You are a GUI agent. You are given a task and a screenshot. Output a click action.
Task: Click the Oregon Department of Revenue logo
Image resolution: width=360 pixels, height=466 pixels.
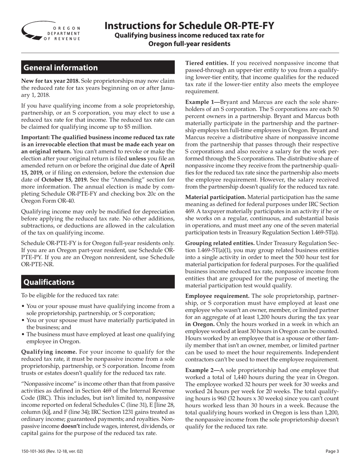pos(51,31)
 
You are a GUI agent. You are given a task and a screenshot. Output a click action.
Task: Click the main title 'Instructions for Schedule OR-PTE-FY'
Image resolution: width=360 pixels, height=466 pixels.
pos(189,26)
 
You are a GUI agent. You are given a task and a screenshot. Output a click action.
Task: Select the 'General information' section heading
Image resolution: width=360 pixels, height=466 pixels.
pos(61,68)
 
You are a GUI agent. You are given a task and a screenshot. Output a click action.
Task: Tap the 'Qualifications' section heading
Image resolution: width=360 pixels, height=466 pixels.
pos(49,282)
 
